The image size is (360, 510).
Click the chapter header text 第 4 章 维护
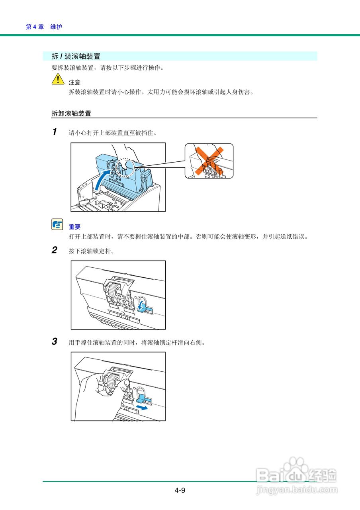point(44,27)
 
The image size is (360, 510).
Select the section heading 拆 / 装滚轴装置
point(76,57)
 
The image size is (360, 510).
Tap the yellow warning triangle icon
point(58,80)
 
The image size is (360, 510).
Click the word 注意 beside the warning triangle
point(74,82)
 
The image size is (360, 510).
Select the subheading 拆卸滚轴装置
point(71,114)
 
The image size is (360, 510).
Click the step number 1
point(55,132)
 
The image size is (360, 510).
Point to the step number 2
point(55,250)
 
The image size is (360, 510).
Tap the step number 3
point(55,341)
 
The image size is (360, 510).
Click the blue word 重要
point(74,227)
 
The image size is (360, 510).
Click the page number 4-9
point(180,490)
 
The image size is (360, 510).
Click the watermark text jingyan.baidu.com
point(297,489)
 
